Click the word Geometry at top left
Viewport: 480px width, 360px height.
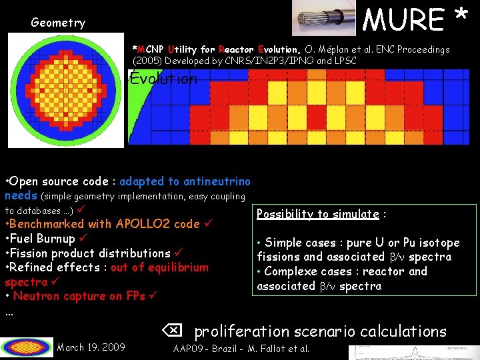58,23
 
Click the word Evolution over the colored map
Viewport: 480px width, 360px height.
164,79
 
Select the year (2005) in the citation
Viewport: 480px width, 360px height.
147,61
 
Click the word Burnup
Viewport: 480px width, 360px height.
57,239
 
